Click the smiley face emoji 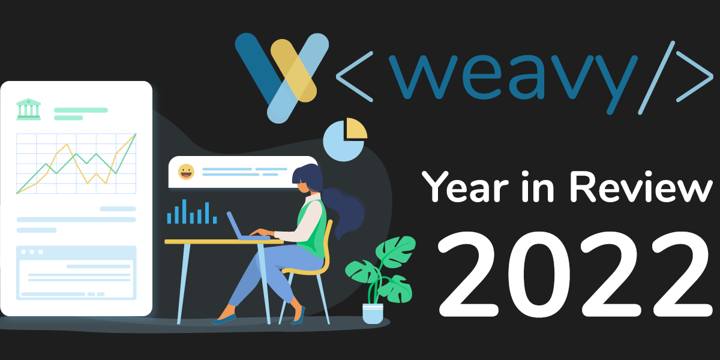click(186, 172)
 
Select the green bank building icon click(29, 109)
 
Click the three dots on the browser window click(32, 252)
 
